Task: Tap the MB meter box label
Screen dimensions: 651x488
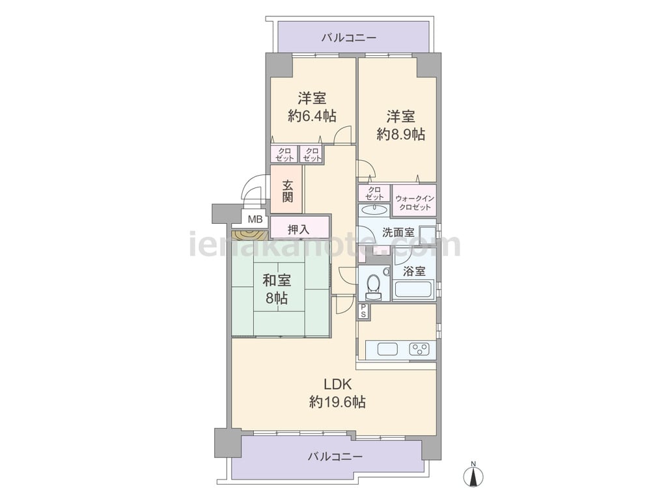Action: [255, 219]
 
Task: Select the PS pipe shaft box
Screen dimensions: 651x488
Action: [363, 311]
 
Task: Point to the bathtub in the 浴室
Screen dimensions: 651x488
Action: [414, 289]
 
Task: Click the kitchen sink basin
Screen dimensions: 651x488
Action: [387, 349]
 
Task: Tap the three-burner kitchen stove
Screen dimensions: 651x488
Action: [420, 349]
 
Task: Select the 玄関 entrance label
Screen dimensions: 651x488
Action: [287, 191]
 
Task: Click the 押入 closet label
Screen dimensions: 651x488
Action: [299, 230]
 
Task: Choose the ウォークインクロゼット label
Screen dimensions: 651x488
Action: [414, 202]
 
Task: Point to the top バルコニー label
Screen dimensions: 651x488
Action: [349, 38]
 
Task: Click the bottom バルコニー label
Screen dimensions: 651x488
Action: [335, 457]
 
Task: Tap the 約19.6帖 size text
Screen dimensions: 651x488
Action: [337, 401]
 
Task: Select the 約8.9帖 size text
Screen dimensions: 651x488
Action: [400, 134]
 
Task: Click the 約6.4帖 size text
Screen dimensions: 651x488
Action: [312, 116]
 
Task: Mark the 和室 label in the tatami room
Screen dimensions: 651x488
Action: [277, 280]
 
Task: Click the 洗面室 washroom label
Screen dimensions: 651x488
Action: [398, 232]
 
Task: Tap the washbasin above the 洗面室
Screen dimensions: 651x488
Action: [374, 208]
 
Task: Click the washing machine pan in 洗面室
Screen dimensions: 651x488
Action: [427, 236]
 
